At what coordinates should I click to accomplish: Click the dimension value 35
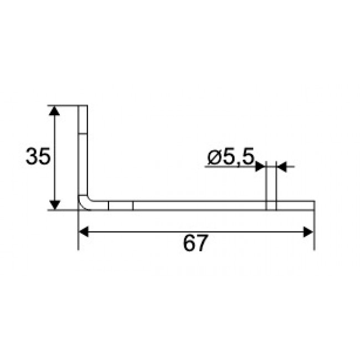point(38,157)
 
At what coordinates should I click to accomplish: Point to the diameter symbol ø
point(214,158)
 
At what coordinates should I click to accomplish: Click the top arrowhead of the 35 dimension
point(54,111)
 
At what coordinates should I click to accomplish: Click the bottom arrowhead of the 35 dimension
point(54,204)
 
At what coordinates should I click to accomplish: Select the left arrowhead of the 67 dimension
point(85,232)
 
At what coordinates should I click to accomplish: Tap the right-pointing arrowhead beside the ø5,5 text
point(261,166)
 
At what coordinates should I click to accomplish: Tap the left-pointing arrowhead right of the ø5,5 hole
point(281,166)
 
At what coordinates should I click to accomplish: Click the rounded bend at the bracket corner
point(85,203)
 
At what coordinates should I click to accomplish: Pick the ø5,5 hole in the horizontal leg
point(271,205)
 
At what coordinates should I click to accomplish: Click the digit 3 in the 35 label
point(32,157)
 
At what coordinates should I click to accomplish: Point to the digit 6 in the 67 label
point(189,244)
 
